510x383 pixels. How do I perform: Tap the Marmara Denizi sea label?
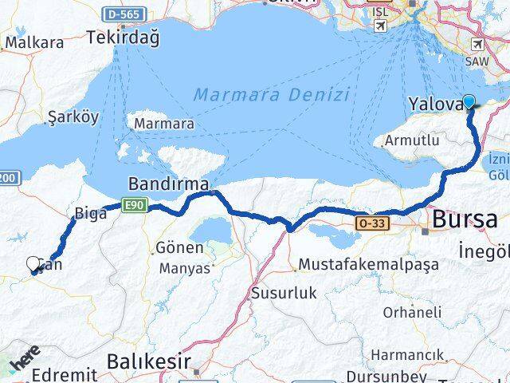[x=271, y=95]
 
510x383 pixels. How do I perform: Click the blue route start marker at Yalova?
[x=469, y=101]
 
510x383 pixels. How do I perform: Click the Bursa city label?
[x=470, y=219]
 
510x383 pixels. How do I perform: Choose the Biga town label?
[x=90, y=212]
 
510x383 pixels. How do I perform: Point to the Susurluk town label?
[x=284, y=293]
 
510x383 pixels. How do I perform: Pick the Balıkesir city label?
[x=150, y=361]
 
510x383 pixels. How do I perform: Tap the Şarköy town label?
[x=73, y=116]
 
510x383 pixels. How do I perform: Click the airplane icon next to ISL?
[x=380, y=27]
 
